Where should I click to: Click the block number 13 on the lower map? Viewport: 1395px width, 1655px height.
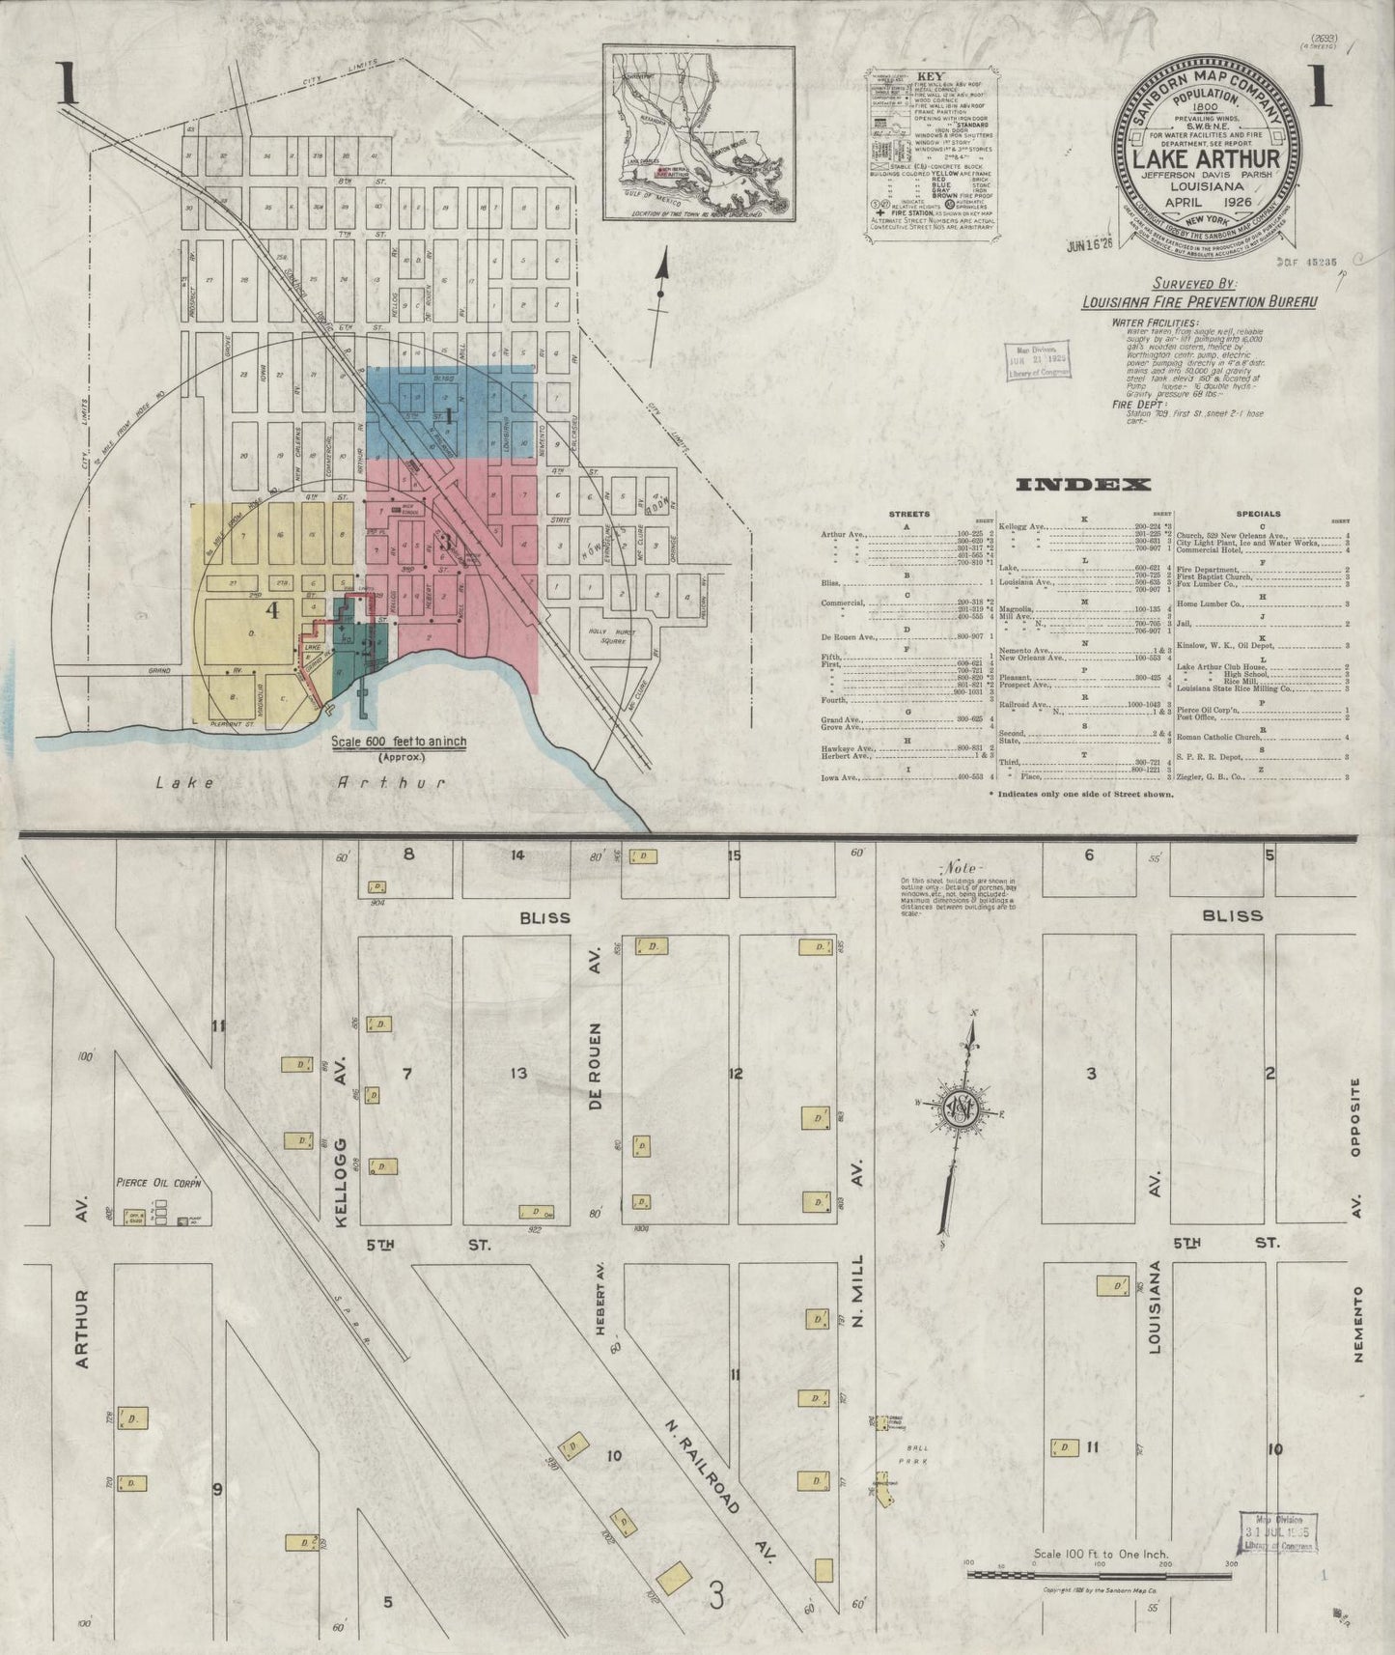519,1073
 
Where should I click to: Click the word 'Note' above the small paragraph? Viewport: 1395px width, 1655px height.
962,867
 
